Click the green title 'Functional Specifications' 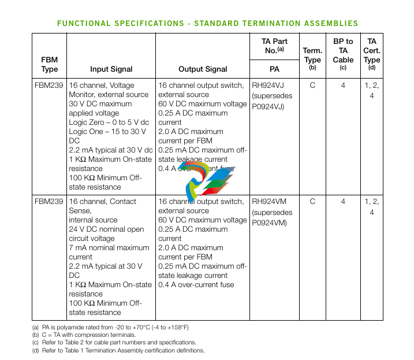(x=207, y=23)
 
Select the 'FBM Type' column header (x=50, y=64)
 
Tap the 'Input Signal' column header (x=111, y=69)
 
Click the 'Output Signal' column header (x=202, y=69)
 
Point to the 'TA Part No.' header (x=274, y=46)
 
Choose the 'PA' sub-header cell (x=274, y=69)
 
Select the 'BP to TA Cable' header (x=343, y=50)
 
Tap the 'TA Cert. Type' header (x=371, y=50)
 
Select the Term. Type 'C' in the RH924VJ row (x=312, y=86)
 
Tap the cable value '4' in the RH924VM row (x=343, y=202)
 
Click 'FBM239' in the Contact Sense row (x=49, y=202)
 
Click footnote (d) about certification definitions (x=119, y=350)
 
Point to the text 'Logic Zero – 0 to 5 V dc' (x=109, y=123)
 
